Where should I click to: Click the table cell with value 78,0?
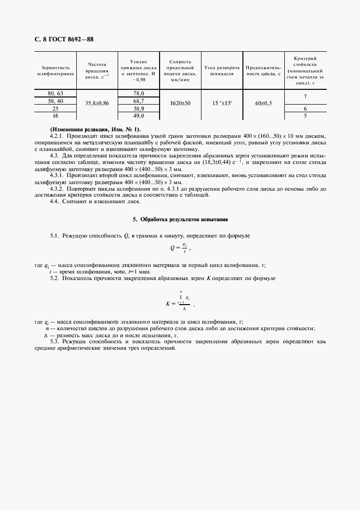(138, 94)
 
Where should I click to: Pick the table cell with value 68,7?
(138, 101)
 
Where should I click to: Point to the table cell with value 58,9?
(138, 109)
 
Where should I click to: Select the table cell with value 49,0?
(138, 116)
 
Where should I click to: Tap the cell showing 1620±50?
(179, 102)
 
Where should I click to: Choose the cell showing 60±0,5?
(264, 102)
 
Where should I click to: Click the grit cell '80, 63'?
(56, 94)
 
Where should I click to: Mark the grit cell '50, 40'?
(56, 101)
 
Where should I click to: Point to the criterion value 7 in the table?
(305, 98)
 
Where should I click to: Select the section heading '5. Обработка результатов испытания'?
(180, 219)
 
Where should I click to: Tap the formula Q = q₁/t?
(182, 248)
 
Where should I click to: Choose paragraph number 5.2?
(54, 278)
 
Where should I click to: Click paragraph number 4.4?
(55, 202)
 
